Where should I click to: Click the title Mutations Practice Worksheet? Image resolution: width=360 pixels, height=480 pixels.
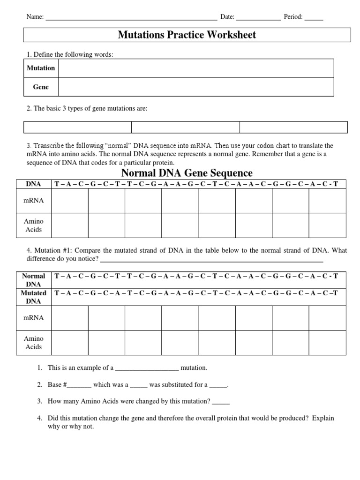(187, 35)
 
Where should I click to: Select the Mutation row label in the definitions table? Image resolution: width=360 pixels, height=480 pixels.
(41, 68)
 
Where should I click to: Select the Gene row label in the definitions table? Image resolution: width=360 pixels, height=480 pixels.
(41, 87)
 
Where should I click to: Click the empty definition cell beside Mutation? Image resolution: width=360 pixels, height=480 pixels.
(196, 68)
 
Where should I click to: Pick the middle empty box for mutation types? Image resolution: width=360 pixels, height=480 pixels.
(186, 127)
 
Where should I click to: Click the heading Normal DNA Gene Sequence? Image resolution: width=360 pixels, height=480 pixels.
(187, 173)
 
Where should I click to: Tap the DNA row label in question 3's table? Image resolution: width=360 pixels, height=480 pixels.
(34, 184)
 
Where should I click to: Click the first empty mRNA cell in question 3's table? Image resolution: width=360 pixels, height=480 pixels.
(70, 201)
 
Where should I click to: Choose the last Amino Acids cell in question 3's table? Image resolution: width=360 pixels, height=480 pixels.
(327, 225)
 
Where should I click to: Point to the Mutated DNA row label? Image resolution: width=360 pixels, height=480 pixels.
(34, 297)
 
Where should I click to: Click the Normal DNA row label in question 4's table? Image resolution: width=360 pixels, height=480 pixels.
(34, 280)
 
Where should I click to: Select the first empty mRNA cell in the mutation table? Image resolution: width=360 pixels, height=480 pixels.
(70, 318)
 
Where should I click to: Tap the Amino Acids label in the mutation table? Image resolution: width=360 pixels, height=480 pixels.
(34, 343)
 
